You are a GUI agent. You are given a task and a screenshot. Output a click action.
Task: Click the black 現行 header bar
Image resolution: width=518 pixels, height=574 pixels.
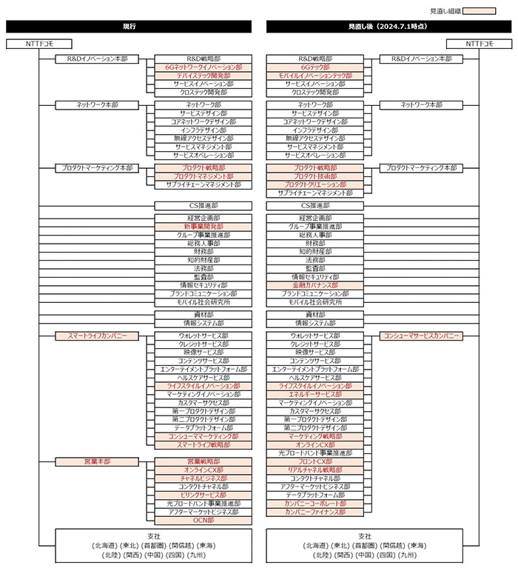(x=129, y=26)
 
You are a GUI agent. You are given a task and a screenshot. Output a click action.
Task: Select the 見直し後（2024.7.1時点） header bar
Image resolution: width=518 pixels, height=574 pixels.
(x=389, y=26)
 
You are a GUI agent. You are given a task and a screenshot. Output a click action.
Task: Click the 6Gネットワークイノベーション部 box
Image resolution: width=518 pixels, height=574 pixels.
(x=203, y=67)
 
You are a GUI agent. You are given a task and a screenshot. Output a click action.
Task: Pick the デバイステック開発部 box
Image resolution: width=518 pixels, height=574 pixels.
(x=203, y=76)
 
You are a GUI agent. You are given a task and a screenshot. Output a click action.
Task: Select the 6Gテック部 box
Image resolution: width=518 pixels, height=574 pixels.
(x=315, y=67)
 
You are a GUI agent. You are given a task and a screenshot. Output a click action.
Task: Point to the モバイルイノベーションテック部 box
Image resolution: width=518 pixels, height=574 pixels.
(x=315, y=76)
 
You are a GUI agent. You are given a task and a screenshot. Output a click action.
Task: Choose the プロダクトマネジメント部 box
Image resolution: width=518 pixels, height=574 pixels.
(x=203, y=176)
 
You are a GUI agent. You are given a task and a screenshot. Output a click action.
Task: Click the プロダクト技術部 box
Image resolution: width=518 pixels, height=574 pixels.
(x=315, y=176)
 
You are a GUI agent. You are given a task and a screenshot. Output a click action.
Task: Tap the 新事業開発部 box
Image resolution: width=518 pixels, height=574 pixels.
(x=203, y=226)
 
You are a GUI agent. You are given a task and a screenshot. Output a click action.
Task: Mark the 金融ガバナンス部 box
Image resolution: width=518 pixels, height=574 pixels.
(x=315, y=284)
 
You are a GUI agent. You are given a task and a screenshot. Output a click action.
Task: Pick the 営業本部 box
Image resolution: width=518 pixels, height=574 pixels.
(x=97, y=461)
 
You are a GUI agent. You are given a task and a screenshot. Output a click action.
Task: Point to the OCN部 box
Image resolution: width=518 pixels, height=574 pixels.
(x=203, y=520)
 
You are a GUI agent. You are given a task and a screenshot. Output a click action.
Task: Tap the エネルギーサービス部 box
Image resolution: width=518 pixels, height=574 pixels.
(x=315, y=394)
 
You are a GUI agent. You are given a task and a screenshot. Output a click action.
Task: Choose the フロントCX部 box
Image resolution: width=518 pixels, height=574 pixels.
(x=315, y=461)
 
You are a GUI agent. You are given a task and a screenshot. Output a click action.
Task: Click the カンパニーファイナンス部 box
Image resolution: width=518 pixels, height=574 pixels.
(x=315, y=512)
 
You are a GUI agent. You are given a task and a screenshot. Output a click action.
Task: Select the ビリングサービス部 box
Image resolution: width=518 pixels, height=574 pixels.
(x=203, y=495)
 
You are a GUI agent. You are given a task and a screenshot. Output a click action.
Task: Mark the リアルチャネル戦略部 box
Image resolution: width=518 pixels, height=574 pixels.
(x=315, y=470)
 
